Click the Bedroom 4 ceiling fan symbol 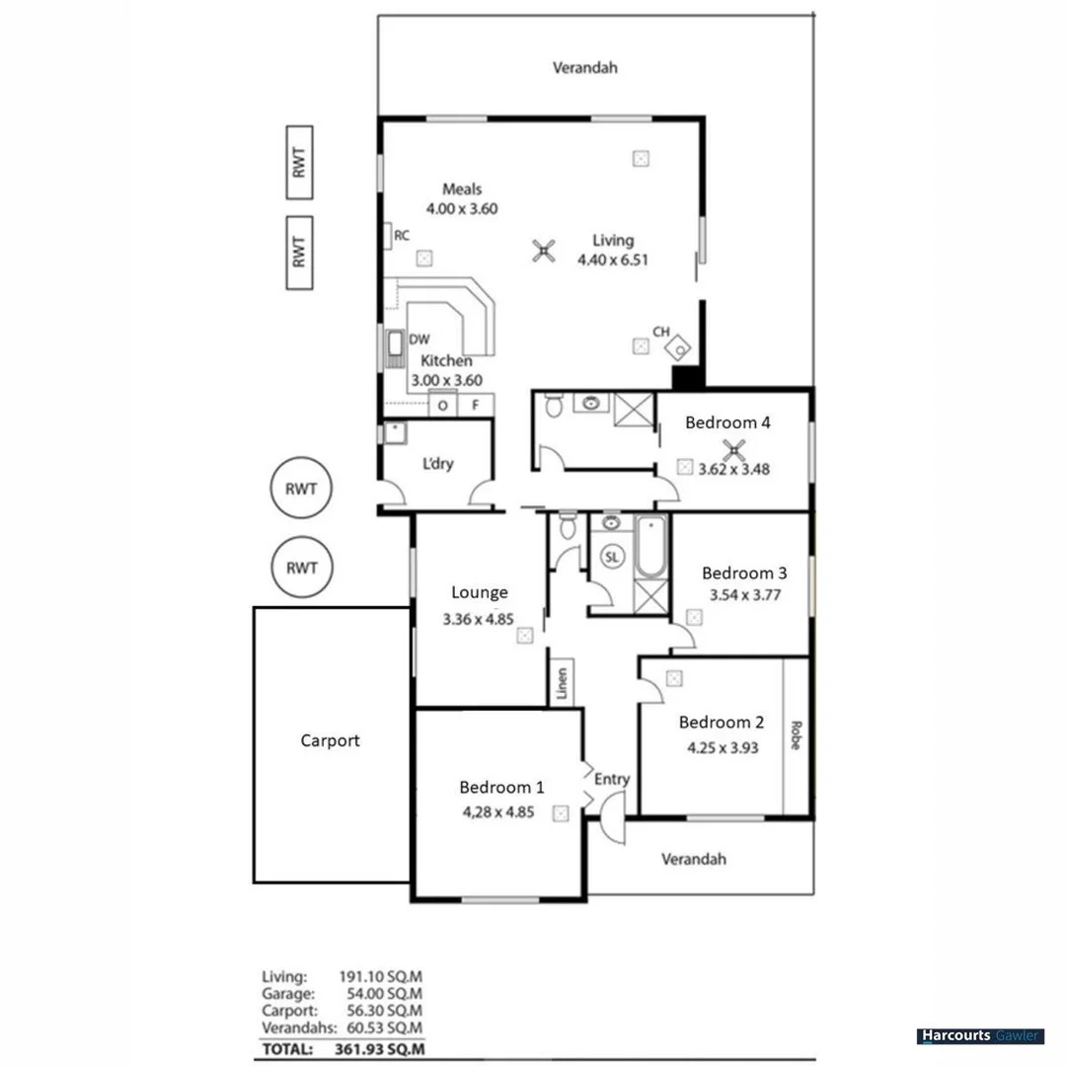(733, 451)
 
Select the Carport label (330, 740)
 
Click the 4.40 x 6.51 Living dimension (612, 260)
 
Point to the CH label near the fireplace (661, 333)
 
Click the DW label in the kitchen (419, 340)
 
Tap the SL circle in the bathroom (612, 557)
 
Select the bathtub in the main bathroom (650, 548)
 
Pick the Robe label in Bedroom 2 (796, 735)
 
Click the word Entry (612, 779)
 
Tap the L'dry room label (437, 464)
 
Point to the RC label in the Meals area (402, 236)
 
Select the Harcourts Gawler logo (980, 1036)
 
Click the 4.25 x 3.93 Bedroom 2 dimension (723, 747)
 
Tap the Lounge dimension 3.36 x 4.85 (479, 621)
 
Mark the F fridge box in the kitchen (475, 405)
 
